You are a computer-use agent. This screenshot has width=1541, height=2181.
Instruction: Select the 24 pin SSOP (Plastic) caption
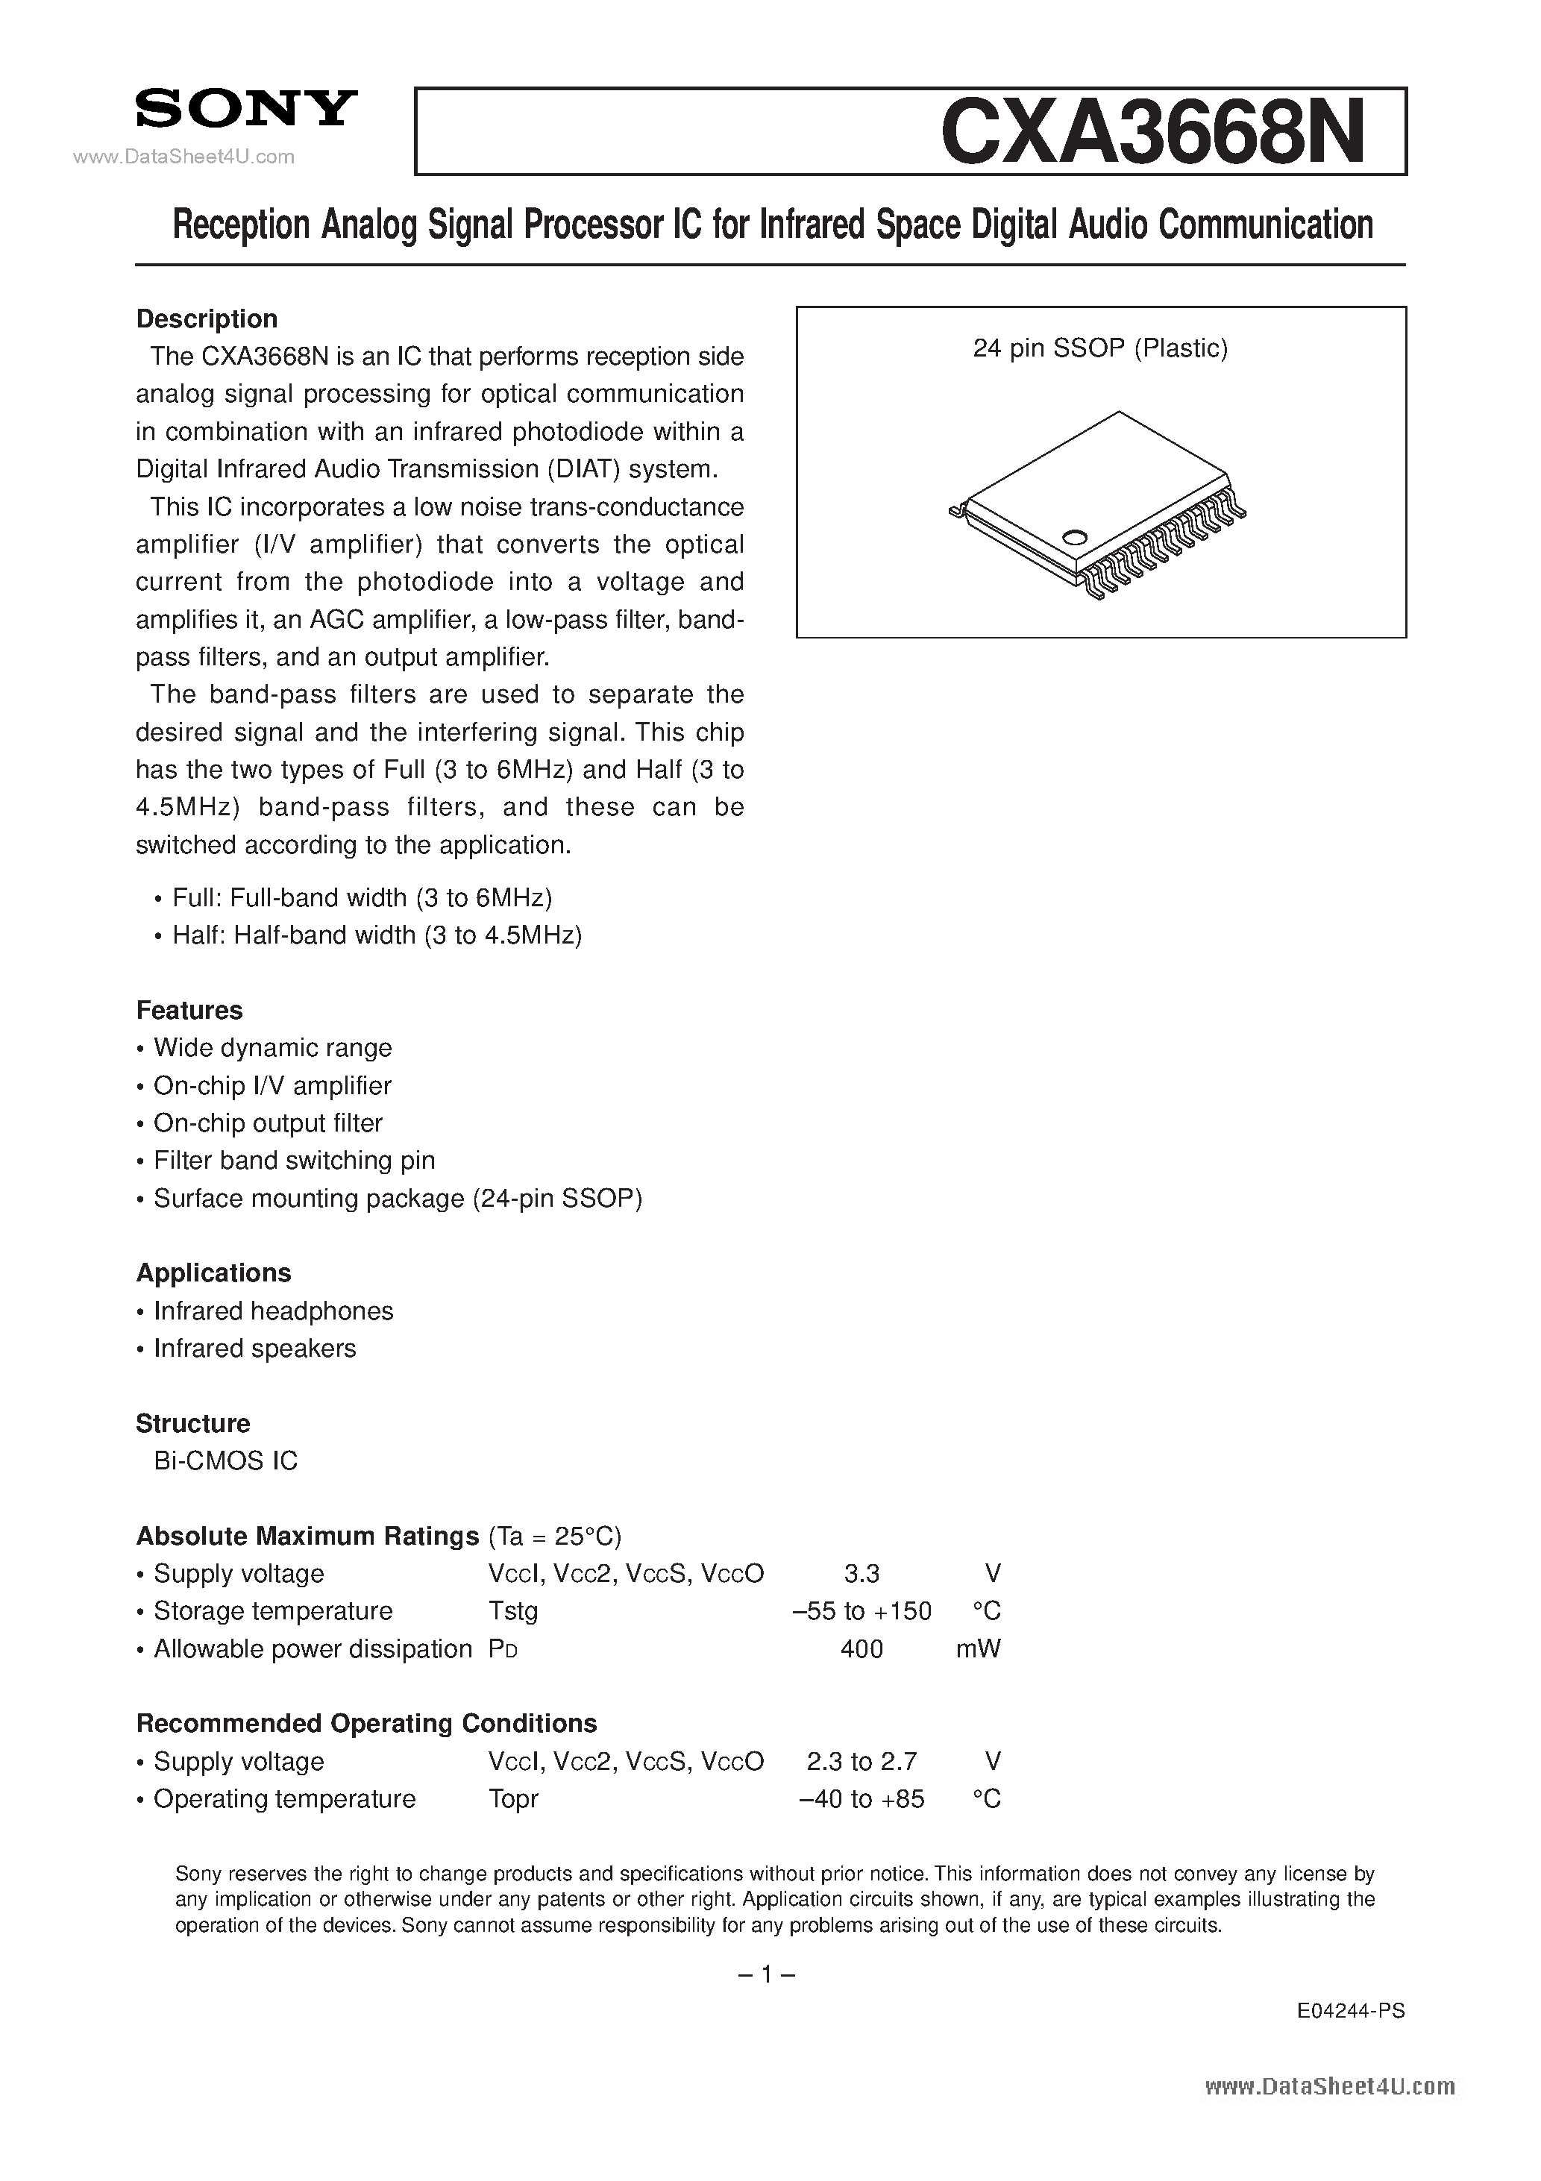[x=1100, y=348]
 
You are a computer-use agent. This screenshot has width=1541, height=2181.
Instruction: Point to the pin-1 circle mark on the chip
[x=1075, y=537]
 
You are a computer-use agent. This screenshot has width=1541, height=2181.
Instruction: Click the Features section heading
[x=189, y=1010]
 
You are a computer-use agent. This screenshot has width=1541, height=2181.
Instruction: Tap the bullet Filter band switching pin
[x=294, y=1160]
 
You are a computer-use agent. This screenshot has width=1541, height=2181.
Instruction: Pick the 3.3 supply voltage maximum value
[x=861, y=1574]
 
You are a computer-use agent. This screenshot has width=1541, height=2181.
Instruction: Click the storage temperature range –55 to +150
[x=861, y=1611]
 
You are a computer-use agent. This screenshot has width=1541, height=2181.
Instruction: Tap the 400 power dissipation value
[x=861, y=1649]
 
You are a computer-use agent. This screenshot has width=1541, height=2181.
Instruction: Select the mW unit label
[x=978, y=1649]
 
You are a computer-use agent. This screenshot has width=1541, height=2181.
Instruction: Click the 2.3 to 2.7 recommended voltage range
[x=861, y=1761]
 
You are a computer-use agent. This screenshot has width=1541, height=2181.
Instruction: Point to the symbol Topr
[x=513, y=1799]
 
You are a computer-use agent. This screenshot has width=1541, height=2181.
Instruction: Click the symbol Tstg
[x=513, y=1611]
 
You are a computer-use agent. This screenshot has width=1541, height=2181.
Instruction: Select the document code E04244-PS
[x=1350, y=2010]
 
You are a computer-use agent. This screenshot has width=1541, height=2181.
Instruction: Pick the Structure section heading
[x=193, y=1423]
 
